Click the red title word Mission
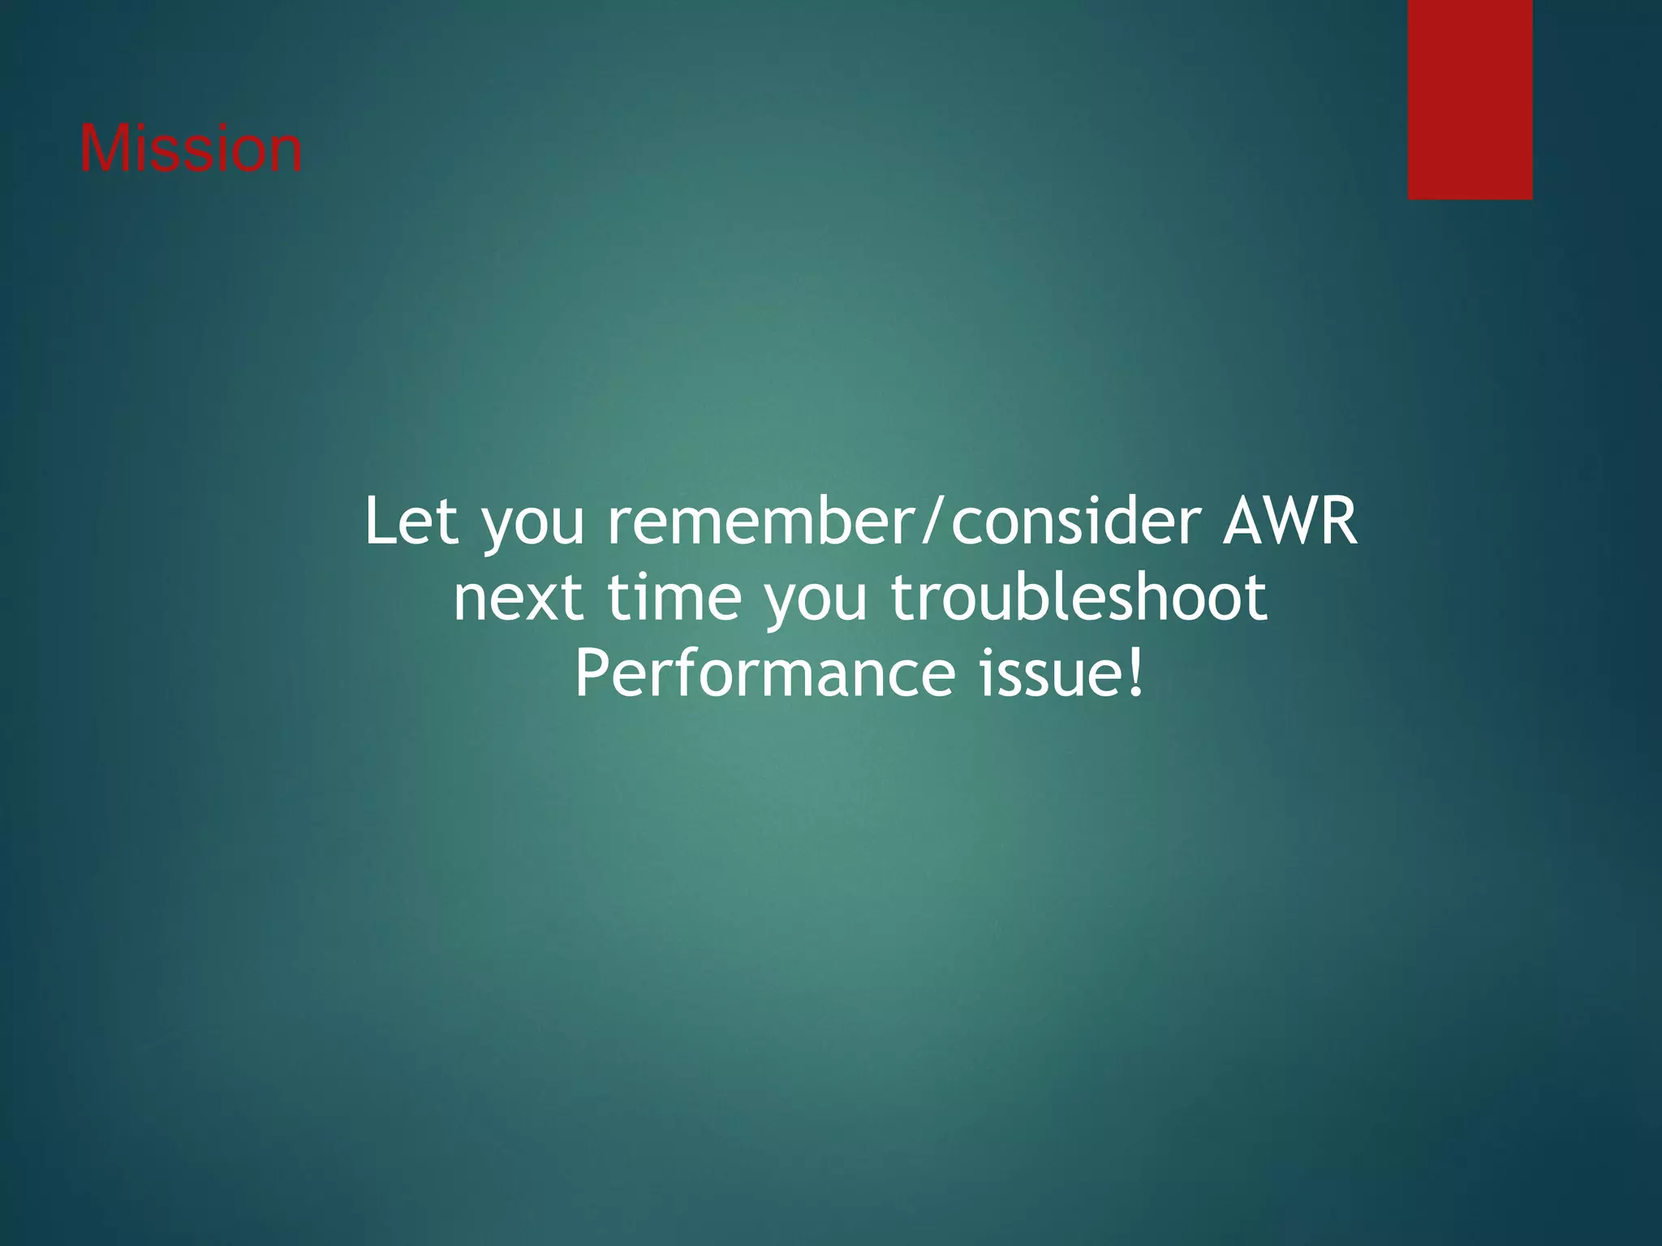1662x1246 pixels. tap(191, 149)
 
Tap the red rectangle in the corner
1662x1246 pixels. tap(1470, 99)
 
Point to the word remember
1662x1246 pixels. tap(762, 522)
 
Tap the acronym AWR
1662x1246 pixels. tap(1290, 522)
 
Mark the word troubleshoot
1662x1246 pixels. tap(1079, 597)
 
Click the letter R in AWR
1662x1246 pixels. tap(1338, 522)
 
